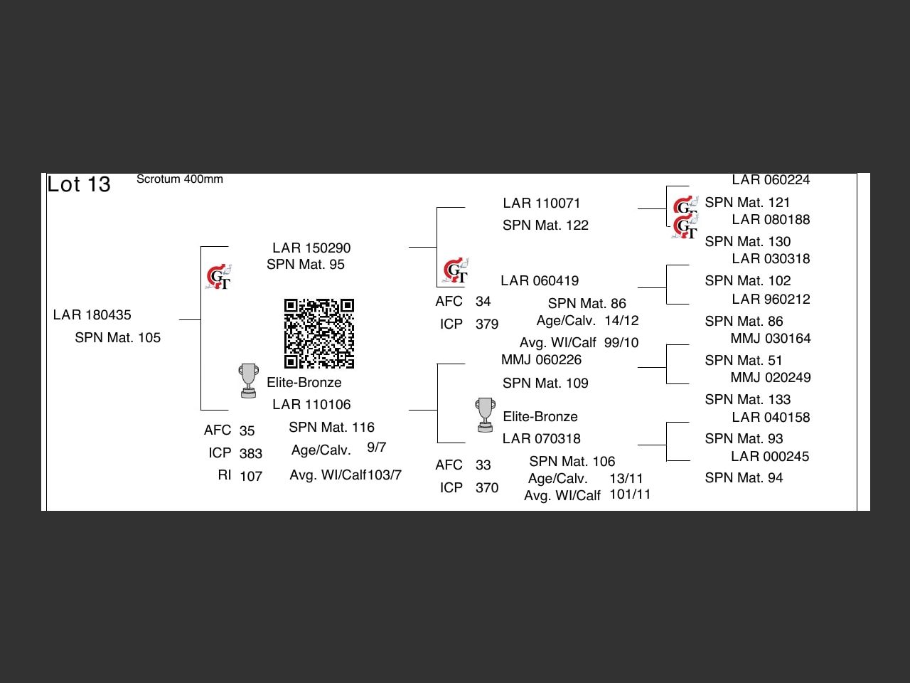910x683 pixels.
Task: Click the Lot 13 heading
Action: point(79,184)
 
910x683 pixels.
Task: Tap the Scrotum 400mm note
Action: point(179,179)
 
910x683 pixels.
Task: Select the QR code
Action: point(319,334)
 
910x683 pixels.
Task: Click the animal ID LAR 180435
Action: point(92,315)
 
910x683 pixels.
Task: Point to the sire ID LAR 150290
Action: point(311,248)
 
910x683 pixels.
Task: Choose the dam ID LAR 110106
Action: point(311,405)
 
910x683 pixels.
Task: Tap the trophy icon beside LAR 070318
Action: point(485,415)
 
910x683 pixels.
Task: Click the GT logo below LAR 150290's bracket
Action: point(219,277)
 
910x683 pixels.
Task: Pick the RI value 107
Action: point(251,476)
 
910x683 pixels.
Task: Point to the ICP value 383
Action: point(251,453)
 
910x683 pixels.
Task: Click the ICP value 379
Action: point(487,324)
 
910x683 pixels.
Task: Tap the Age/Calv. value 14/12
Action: point(621,321)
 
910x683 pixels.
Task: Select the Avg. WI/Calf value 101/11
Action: point(630,494)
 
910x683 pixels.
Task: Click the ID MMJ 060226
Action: point(541,360)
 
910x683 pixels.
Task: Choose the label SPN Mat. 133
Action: point(747,400)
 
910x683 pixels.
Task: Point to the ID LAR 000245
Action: point(770,457)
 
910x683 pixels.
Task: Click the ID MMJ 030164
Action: point(770,339)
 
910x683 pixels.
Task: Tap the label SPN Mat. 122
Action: point(545,226)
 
